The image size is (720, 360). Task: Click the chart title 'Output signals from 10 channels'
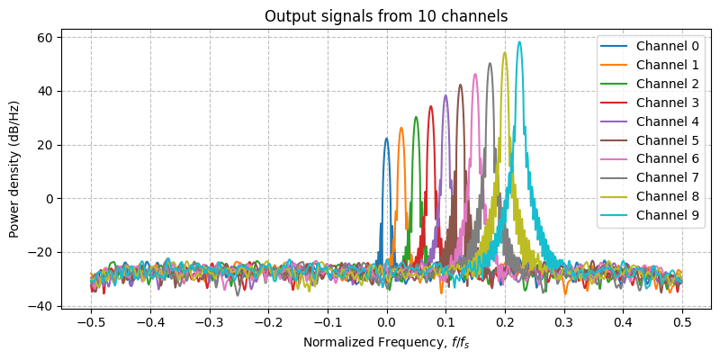pyautogui.click(x=386, y=16)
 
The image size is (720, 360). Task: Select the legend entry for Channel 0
pyautogui.click(x=665, y=46)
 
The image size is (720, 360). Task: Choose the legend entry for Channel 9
pyautogui.click(x=665, y=215)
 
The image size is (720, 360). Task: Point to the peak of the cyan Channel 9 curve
pyautogui.click(x=519, y=41)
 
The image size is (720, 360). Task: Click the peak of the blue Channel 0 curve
pyautogui.click(x=386, y=139)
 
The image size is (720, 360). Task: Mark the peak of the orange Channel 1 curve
pyautogui.click(x=401, y=128)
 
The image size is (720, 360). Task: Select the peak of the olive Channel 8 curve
pyautogui.click(x=505, y=52)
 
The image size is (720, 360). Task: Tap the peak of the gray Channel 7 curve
pyautogui.click(x=490, y=63)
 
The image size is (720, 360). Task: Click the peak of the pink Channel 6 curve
pyautogui.click(x=475, y=74)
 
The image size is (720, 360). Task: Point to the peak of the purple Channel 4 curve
pyautogui.click(x=445, y=95)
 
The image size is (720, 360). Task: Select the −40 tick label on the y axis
pyautogui.click(x=41, y=306)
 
